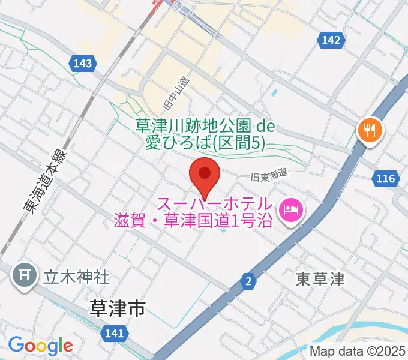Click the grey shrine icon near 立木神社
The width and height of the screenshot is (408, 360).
click(x=25, y=275)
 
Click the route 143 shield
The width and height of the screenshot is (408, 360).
click(x=83, y=62)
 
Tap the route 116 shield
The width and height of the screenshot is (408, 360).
click(x=386, y=178)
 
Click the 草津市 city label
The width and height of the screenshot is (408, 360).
click(x=117, y=310)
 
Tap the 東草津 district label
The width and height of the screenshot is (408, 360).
click(x=320, y=279)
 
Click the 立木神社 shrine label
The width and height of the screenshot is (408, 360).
click(x=76, y=277)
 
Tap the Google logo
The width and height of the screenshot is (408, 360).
click(x=40, y=346)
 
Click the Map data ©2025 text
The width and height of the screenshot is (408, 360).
click(x=358, y=350)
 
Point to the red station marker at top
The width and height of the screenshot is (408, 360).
click(x=157, y=3)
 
